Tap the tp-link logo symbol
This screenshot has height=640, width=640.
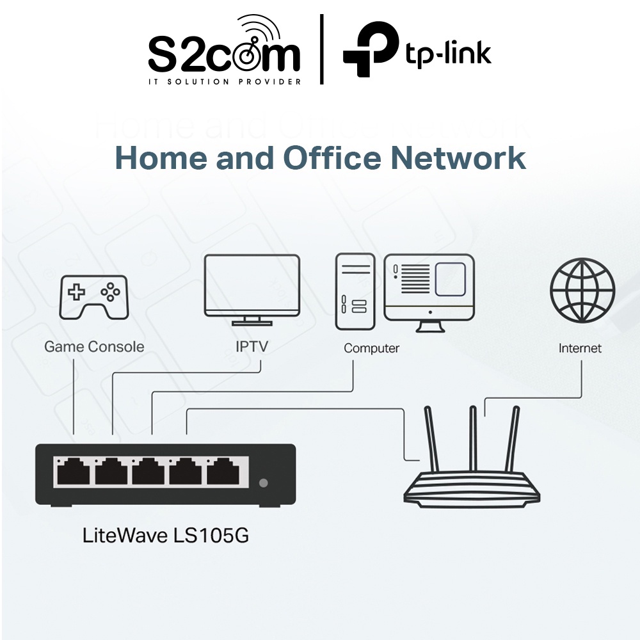click(x=369, y=50)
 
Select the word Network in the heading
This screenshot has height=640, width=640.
click(x=458, y=158)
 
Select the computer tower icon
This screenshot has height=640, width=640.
click(x=355, y=291)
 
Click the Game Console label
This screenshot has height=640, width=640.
click(x=94, y=347)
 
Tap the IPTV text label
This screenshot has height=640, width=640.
click(x=252, y=347)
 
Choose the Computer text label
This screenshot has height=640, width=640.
click(x=371, y=348)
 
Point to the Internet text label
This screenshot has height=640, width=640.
click(x=580, y=348)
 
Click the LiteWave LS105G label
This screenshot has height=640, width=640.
click(x=166, y=535)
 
